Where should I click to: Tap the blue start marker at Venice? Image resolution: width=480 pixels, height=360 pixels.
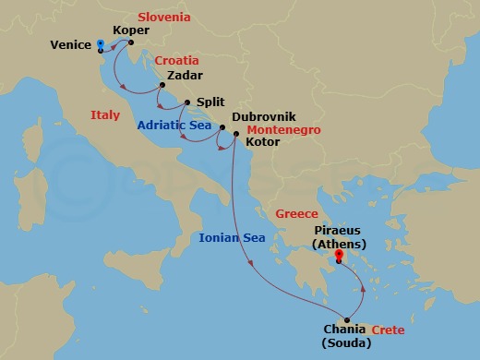[100, 42]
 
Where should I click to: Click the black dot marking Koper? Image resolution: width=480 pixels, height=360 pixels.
[130, 42]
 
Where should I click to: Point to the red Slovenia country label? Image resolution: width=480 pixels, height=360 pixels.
[163, 17]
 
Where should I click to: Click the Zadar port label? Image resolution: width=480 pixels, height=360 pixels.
[185, 77]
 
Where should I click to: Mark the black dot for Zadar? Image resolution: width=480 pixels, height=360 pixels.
[159, 90]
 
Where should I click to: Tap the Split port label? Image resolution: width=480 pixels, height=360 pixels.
[210, 102]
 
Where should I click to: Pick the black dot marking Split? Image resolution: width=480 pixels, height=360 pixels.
[187, 102]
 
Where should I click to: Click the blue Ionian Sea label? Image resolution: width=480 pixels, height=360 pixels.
[232, 237]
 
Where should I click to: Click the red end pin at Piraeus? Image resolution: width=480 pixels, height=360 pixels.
[339, 255]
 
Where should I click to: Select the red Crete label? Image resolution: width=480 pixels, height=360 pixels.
[389, 330]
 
